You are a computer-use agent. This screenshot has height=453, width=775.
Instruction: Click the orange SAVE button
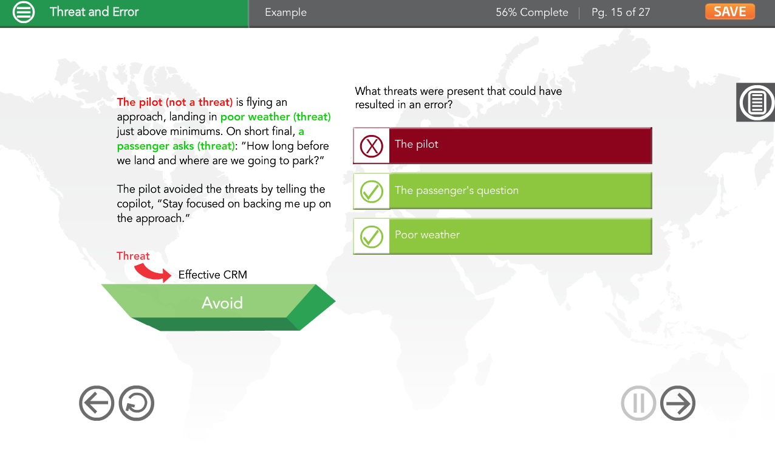coord(730,12)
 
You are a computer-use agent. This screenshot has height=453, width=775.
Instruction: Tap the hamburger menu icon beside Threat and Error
coord(24,12)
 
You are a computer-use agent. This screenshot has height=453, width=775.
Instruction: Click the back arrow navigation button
coord(97,403)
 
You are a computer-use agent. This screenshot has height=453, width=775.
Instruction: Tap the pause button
coord(638,403)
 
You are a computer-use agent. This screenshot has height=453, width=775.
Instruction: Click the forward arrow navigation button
coord(678,403)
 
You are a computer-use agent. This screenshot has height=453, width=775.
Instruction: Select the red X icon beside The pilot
coord(372,146)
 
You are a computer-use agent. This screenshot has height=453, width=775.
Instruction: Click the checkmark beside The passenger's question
coord(372,191)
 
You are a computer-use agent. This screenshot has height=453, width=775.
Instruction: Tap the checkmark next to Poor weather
coord(372,237)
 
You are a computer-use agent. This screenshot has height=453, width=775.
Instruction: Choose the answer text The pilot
coord(417,144)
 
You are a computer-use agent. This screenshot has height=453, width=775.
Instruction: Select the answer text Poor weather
coord(428,235)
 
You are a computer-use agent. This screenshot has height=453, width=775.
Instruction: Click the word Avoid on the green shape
coord(222,303)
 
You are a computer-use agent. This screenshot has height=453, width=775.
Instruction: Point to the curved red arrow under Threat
coord(153,273)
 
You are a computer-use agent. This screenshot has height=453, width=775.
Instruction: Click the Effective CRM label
coord(213,275)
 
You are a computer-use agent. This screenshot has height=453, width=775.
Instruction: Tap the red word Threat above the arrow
coord(133,256)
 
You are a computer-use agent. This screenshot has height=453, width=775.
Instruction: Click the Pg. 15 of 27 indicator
coord(621,13)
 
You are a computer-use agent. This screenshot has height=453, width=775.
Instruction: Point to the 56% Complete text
coord(532,13)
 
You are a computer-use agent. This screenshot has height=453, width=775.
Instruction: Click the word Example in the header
coord(286,13)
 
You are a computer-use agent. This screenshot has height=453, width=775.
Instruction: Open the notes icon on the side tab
coord(756,103)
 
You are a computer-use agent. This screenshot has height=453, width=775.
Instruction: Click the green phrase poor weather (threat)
coord(275,117)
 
